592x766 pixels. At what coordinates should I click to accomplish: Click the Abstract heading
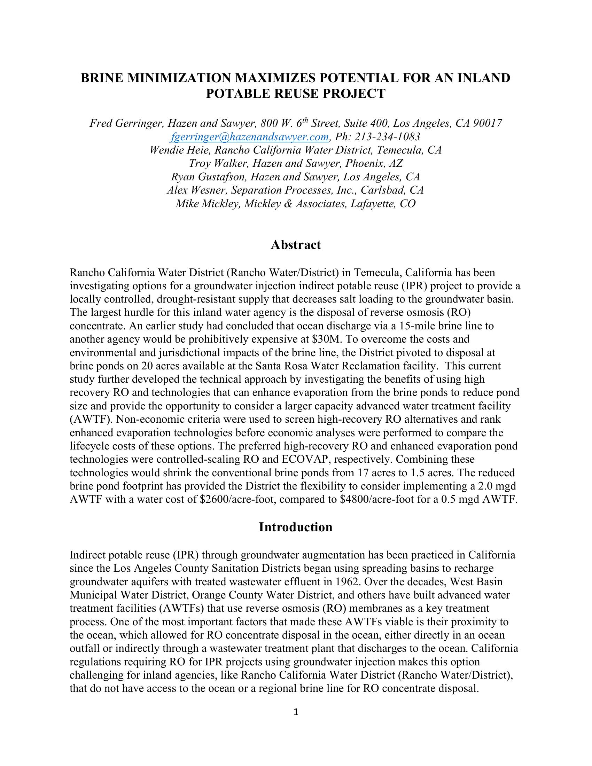[x=296, y=245]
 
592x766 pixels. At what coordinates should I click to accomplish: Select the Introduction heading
[x=296, y=527]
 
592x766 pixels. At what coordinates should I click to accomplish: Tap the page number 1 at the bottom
[x=296, y=712]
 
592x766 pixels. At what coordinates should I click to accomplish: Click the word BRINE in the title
[x=102, y=78]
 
